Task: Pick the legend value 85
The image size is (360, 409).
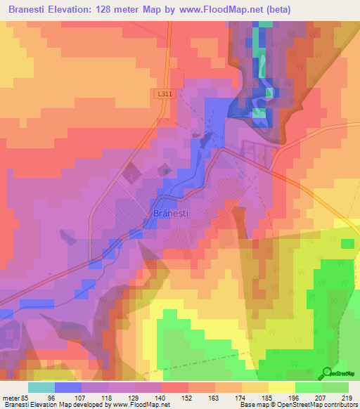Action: (x=27, y=397)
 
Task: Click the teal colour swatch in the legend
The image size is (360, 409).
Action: (x=41, y=387)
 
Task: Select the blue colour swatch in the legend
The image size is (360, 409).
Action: (x=68, y=387)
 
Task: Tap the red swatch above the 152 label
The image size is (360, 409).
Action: (x=175, y=387)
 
